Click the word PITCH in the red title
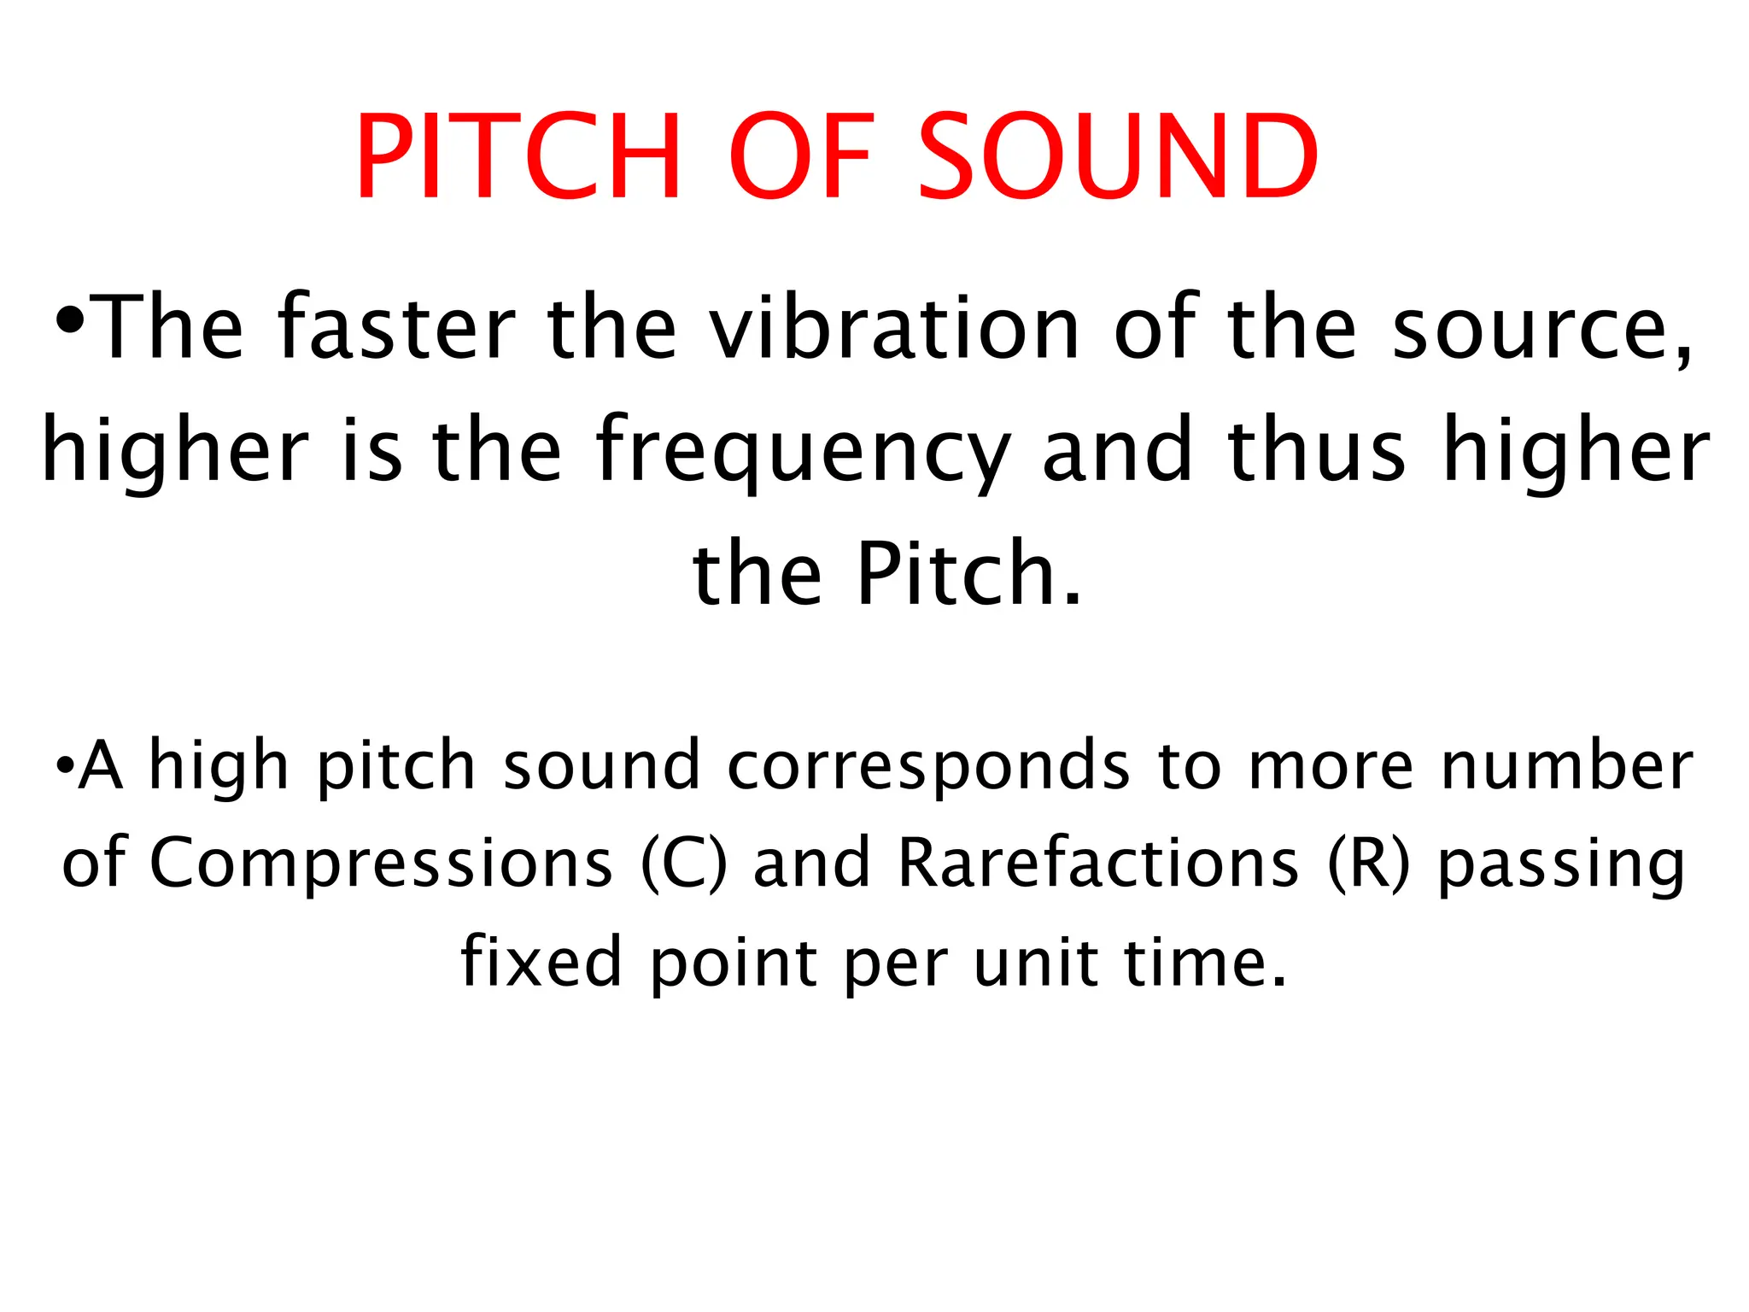tap(518, 157)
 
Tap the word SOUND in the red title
tap(1118, 157)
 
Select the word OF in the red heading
tap(801, 157)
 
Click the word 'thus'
tap(1315, 448)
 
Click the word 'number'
tap(1567, 765)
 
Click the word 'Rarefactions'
tap(1098, 863)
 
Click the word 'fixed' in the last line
tap(541, 961)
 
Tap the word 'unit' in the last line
tap(1035, 961)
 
